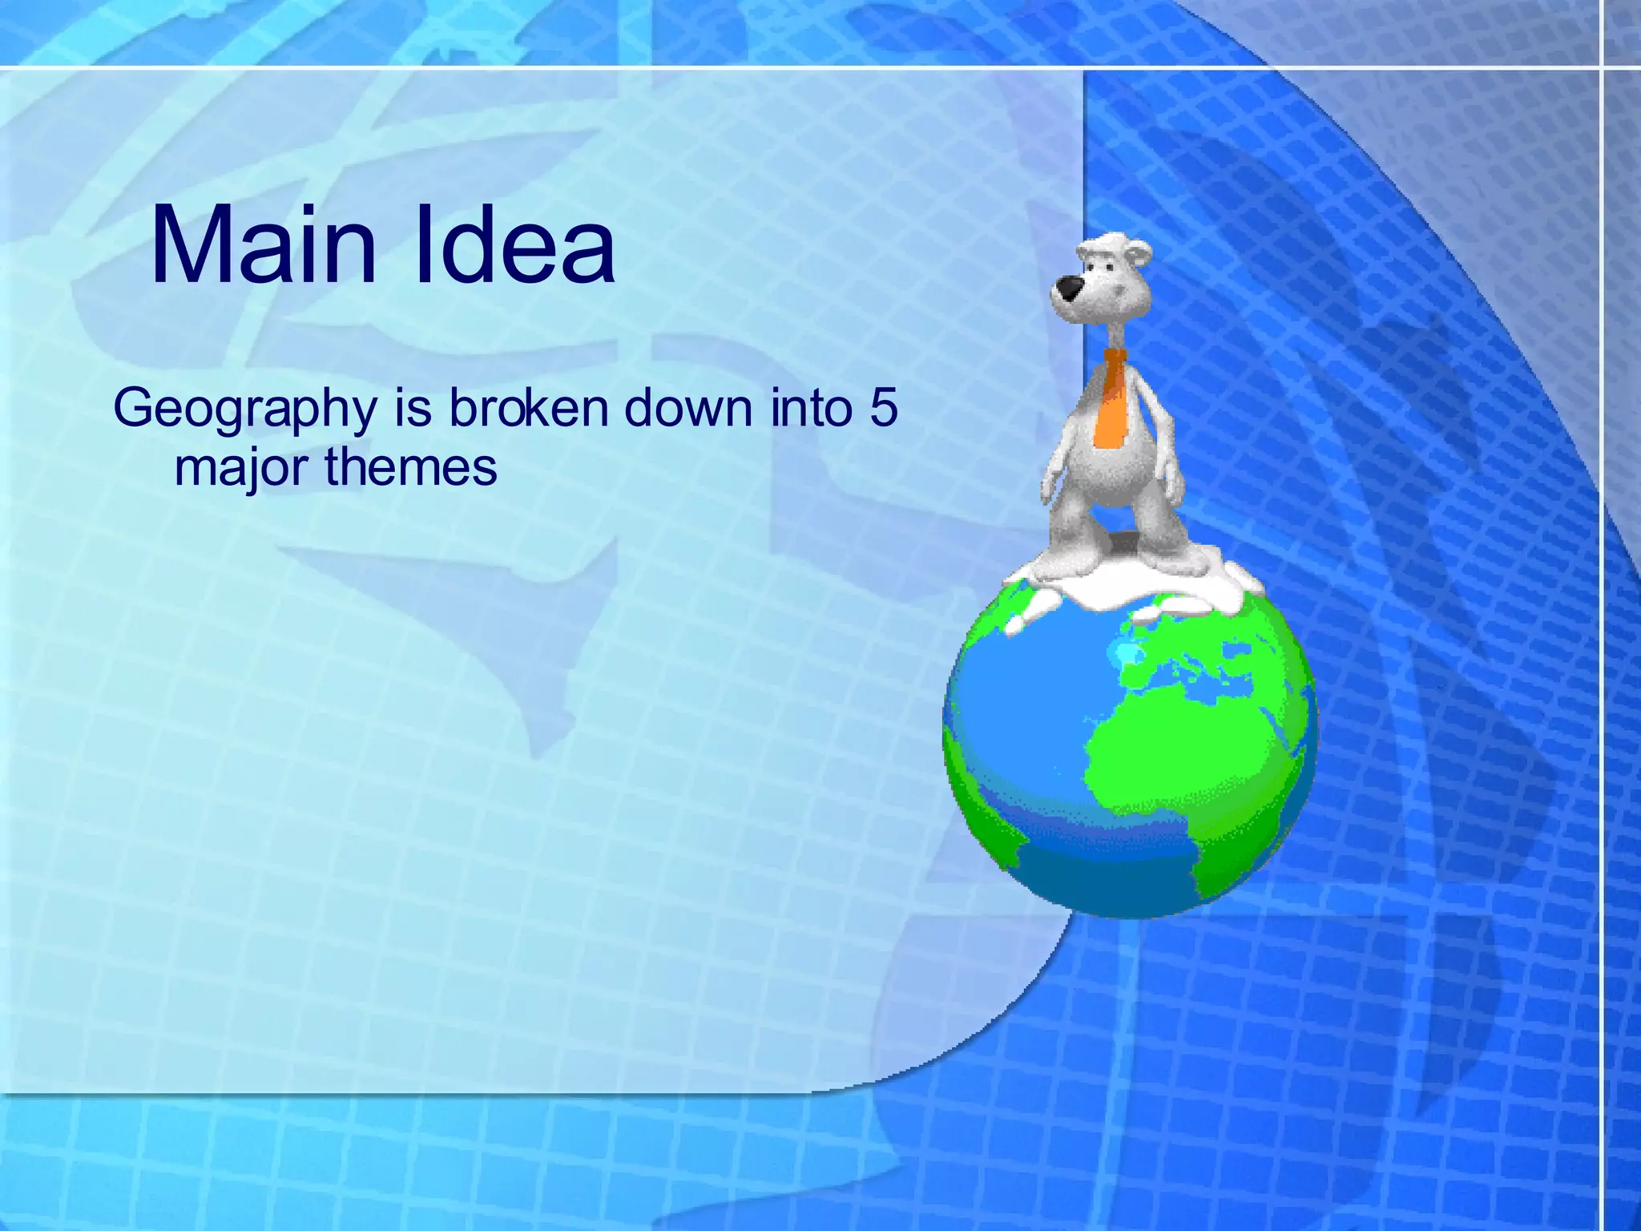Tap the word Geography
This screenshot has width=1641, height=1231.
pos(244,410)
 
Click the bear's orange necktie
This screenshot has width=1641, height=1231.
pos(1111,405)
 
